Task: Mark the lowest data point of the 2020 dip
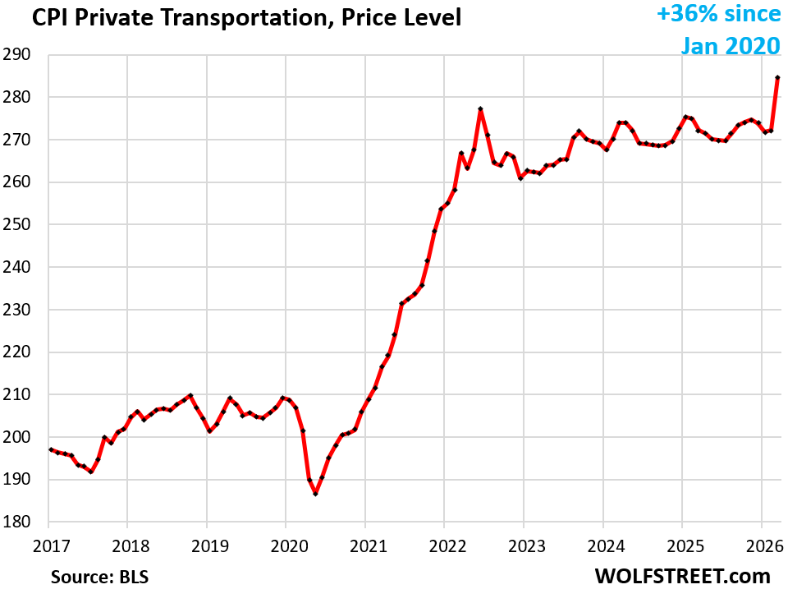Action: [x=315, y=494]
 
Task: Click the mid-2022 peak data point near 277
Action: [x=480, y=108]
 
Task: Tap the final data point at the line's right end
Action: [x=777, y=78]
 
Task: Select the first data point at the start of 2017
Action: [x=50, y=449]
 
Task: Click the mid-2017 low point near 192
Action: [x=90, y=472]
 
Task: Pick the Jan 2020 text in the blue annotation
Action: [x=730, y=45]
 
